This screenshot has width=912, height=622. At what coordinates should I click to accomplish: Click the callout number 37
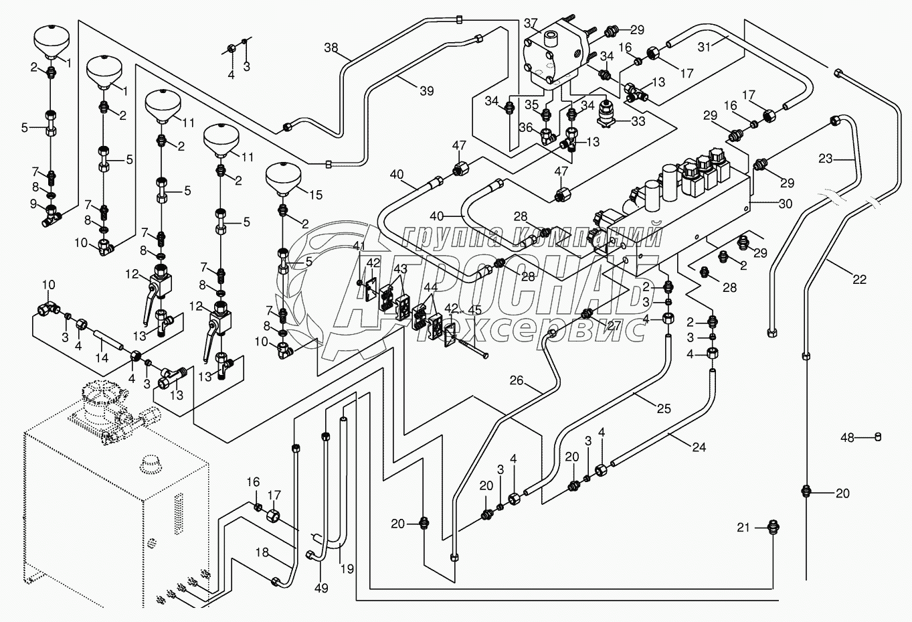point(531,25)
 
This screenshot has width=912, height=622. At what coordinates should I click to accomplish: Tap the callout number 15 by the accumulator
point(315,195)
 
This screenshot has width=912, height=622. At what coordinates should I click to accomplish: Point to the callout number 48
point(848,438)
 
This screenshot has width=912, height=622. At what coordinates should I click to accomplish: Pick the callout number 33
point(638,122)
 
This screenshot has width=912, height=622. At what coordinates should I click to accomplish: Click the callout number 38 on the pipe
point(331,48)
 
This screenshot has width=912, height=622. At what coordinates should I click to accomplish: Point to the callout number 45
point(475,310)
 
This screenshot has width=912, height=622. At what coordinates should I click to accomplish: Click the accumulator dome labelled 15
point(283,175)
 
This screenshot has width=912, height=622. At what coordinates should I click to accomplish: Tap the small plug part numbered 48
point(879,437)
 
